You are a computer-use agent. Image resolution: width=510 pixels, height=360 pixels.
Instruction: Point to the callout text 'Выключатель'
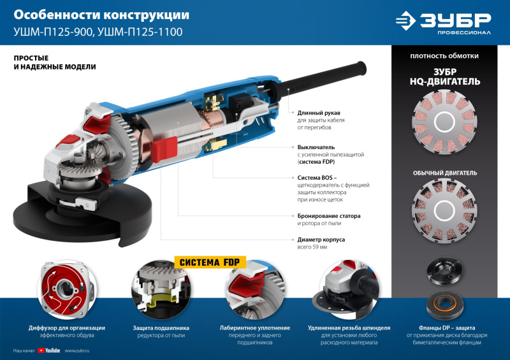tap(316, 147)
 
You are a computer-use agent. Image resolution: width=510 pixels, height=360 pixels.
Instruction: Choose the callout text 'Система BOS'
tap(316, 177)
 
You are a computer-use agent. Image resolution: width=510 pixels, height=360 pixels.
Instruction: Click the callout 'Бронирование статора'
tap(329, 216)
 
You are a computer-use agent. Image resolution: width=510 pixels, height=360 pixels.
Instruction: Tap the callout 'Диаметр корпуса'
tap(321, 240)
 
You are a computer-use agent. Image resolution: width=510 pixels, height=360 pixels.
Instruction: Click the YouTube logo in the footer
tap(49, 350)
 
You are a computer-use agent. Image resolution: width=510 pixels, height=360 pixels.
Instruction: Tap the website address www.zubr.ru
tap(76, 350)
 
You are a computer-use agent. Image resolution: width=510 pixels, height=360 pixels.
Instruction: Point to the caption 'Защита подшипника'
tap(159, 328)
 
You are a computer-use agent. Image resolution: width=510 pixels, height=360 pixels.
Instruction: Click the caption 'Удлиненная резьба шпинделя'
tap(349, 328)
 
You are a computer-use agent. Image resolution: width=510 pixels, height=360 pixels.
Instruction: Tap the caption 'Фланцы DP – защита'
tap(445, 328)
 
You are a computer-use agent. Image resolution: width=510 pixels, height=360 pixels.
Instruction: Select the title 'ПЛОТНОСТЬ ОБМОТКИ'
tap(445, 56)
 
